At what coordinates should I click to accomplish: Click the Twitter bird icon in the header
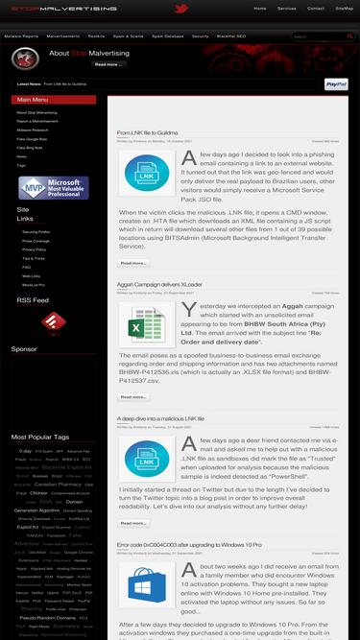pyautogui.click(x=180, y=9)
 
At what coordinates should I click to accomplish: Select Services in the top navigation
pyautogui.click(x=286, y=8)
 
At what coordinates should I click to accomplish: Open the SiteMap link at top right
pyautogui.click(x=344, y=8)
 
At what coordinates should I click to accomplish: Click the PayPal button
pyautogui.click(x=336, y=84)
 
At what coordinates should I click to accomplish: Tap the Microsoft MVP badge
pyautogui.click(x=54, y=187)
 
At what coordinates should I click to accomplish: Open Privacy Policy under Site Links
pyautogui.click(x=36, y=249)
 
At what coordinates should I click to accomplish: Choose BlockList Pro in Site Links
pyautogui.click(x=35, y=285)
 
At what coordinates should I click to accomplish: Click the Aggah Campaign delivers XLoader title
pyautogui.click(x=160, y=286)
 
